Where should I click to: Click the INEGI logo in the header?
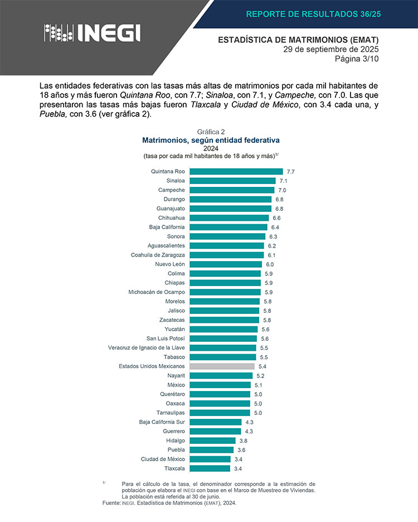click(x=92, y=33)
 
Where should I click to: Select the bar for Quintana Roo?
click(x=236, y=171)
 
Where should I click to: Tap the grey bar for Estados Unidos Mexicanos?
click(x=222, y=366)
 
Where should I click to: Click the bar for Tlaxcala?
click(x=210, y=468)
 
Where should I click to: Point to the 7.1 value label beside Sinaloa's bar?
click(x=283, y=181)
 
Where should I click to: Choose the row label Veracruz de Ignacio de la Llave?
click(x=147, y=347)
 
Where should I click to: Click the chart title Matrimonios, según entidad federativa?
click(x=211, y=140)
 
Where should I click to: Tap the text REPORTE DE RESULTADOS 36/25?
click(x=313, y=14)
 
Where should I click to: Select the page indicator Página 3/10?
click(x=357, y=59)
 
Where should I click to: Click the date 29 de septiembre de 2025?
click(x=331, y=49)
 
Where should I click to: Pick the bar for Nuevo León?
click(x=226, y=264)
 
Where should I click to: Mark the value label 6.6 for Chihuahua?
click(x=276, y=218)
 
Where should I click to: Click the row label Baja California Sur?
click(x=162, y=422)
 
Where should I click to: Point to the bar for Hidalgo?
click(x=213, y=441)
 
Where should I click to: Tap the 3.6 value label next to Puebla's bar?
click(x=241, y=449)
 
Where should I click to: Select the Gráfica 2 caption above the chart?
click(x=211, y=132)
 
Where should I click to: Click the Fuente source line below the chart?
click(x=169, y=503)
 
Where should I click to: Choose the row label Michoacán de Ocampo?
click(x=157, y=292)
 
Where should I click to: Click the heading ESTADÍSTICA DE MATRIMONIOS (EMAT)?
click(x=298, y=40)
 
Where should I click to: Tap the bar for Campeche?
click(x=232, y=190)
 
